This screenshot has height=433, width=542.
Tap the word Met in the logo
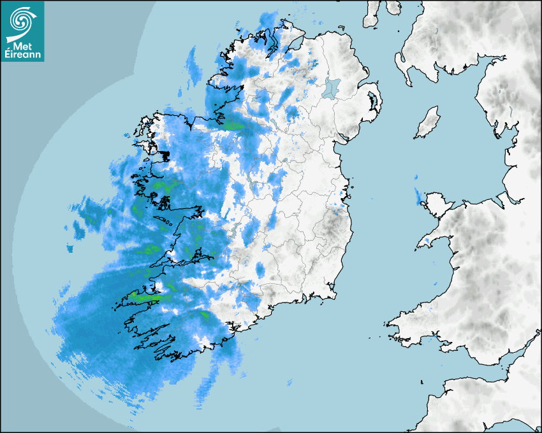tap(22, 46)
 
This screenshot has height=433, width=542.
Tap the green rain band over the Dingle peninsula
tap(145, 297)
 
